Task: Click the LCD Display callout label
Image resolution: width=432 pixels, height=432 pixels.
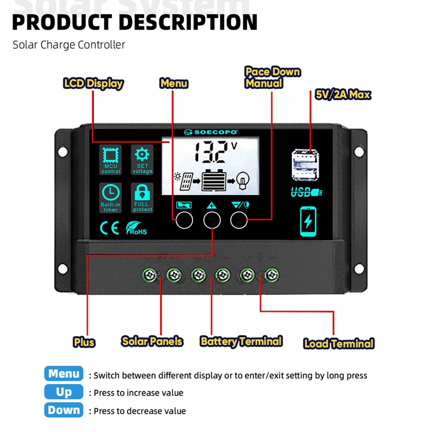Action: (x=93, y=83)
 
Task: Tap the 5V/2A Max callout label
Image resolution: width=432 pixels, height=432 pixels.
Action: (x=343, y=95)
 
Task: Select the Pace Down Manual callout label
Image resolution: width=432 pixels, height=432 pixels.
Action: (x=272, y=77)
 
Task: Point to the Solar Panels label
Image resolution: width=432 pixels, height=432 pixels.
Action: (x=152, y=341)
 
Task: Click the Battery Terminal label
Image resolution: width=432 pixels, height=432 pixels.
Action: (x=241, y=341)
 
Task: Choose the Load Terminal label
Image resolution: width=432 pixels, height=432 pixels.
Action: (x=339, y=344)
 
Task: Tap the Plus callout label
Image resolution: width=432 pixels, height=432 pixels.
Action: (x=84, y=343)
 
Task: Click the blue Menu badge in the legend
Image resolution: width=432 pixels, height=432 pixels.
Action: (x=64, y=374)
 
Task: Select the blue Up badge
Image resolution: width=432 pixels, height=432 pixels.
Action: (x=64, y=392)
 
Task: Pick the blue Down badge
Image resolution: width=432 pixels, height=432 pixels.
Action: (x=64, y=410)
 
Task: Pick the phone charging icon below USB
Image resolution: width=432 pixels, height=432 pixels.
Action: (x=308, y=222)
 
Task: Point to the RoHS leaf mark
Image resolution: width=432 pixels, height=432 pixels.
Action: (x=136, y=228)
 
